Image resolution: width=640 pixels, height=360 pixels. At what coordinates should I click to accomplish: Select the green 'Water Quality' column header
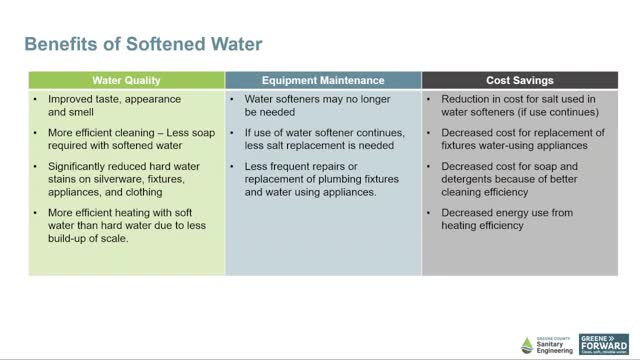[x=126, y=79]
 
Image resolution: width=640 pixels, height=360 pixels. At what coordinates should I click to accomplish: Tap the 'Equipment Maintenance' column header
[x=323, y=79]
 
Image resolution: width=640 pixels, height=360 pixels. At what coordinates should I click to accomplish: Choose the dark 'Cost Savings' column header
[x=520, y=79]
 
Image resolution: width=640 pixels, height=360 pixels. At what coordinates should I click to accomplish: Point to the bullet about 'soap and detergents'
[x=520, y=177]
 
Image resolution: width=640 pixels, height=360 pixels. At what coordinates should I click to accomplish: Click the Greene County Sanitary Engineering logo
[x=546, y=343]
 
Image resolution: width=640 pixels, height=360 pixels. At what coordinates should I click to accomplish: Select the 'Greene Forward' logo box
[x=604, y=343]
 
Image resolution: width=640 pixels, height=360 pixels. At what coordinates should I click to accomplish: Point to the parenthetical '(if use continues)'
[x=571, y=113]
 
